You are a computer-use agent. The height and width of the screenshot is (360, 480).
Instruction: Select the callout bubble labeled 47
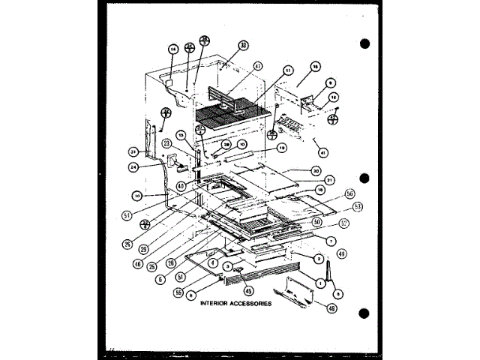258,67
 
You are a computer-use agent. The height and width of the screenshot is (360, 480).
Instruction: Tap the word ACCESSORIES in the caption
253,305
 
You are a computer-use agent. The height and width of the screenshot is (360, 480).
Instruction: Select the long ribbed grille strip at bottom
255,280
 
